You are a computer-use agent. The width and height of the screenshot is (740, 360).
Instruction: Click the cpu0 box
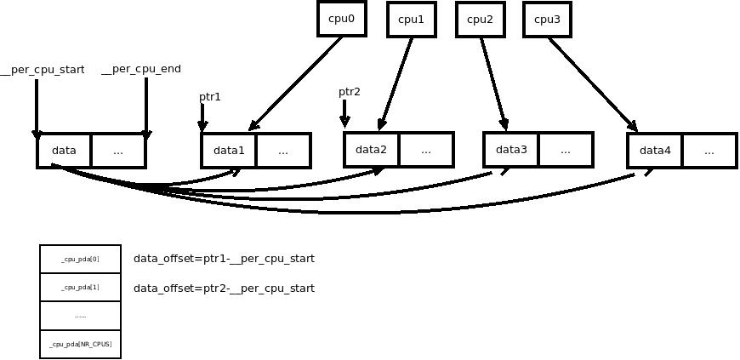[x=342, y=18]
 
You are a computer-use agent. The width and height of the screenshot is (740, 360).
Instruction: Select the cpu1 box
[x=411, y=20]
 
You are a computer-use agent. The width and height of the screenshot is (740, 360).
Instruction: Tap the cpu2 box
[x=480, y=20]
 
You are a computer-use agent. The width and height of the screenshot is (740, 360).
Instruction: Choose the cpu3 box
[x=546, y=20]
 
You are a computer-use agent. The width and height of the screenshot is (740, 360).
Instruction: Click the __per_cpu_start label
[x=43, y=70]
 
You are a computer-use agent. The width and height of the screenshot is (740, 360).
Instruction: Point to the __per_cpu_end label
[x=141, y=69]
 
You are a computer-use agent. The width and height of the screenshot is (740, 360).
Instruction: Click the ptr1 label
[x=210, y=97]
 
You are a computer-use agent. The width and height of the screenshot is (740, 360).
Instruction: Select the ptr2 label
[x=350, y=92]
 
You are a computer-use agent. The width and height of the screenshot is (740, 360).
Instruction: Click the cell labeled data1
[x=229, y=151]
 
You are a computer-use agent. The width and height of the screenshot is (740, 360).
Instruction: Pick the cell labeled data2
[x=372, y=150]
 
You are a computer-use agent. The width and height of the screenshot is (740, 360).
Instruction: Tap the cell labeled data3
[x=511, y=150]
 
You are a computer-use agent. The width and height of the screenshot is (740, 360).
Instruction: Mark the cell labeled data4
[x=655, y=151]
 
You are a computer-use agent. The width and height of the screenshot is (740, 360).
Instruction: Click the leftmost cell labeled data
[x=65, y=151]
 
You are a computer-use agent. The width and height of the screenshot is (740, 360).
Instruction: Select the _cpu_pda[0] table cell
[x=80, y=259]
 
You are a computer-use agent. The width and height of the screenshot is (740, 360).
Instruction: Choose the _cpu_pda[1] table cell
[x=80, y=287]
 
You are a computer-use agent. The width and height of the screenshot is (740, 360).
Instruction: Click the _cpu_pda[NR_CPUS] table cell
[x=80, y=344]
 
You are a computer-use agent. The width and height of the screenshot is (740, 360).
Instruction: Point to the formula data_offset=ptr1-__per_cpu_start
[x=224, y=259]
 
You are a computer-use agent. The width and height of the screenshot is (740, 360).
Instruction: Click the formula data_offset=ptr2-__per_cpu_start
[x=224, y=289]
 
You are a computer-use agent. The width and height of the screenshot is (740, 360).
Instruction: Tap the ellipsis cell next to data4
[x=709, y=151]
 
